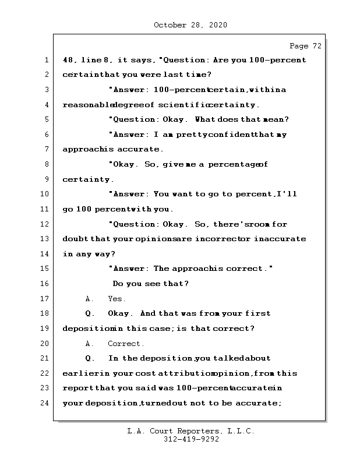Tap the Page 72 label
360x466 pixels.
click(305, 46)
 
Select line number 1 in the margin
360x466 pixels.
click(45, 60)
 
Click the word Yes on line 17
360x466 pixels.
click(117, 299)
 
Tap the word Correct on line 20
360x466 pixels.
click(126, 344)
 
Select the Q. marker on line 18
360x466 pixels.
click(90, 313)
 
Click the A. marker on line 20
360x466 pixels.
click(90, 344)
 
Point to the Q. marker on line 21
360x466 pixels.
click(90, 358)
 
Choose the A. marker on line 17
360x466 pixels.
click(90, 299)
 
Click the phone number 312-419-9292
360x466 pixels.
click(190, 440)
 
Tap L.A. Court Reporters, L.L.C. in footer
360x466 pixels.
click(190, 431)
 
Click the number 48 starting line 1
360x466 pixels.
click(68, 60)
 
